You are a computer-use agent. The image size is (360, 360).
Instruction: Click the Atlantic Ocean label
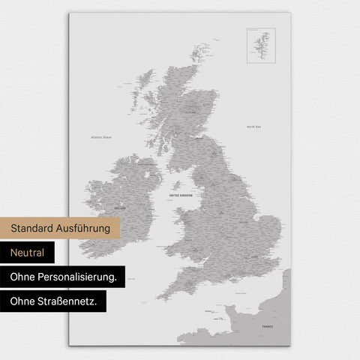click(101, 138)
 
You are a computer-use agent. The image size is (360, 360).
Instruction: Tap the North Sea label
click(253, 127)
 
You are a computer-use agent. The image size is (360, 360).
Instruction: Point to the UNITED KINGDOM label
click(181, 195)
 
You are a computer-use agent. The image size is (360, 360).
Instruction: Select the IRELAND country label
click(118, 207)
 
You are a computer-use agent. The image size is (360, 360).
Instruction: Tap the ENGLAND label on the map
click(243, 222)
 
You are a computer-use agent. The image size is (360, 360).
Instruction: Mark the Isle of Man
click(177, 184)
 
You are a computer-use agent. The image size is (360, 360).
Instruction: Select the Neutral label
click(28, 253)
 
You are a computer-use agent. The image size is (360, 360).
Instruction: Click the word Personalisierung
click(79, 277)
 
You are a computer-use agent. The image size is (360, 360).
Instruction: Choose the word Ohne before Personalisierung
click(22, 277)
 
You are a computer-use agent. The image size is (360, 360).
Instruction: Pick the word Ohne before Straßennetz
click(22, 301)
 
